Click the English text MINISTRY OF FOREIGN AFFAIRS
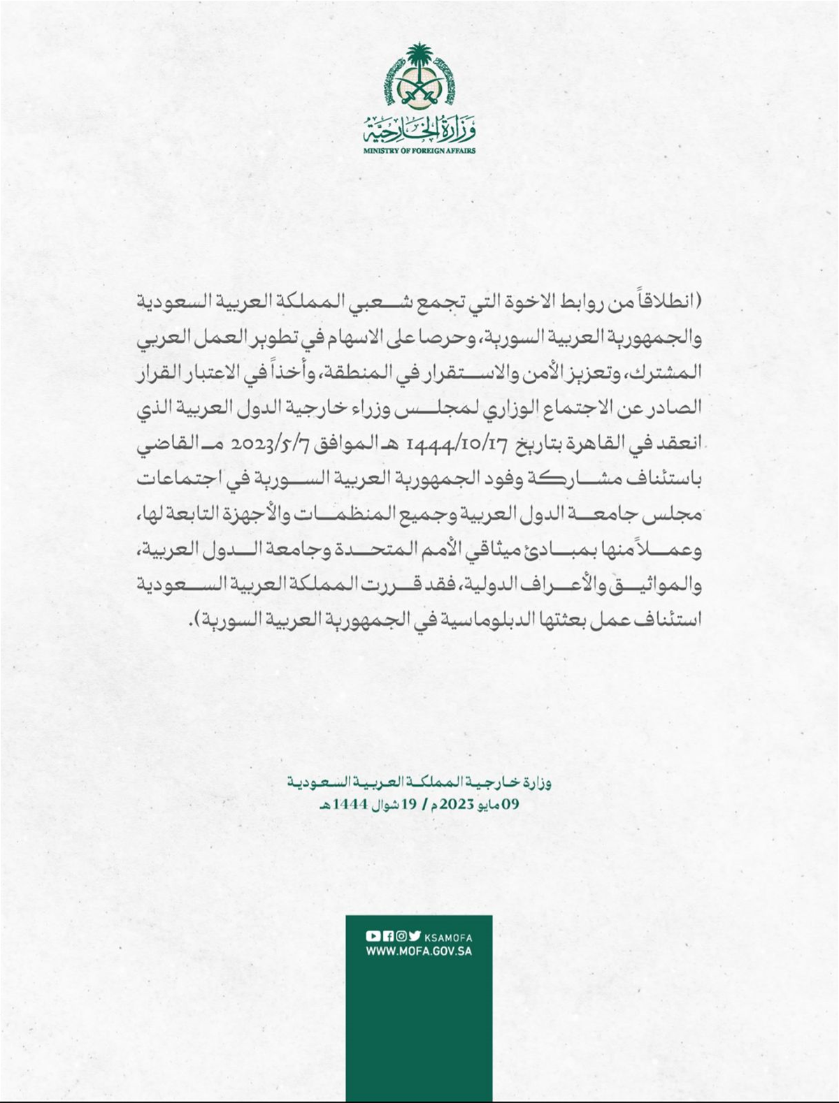[419, 151]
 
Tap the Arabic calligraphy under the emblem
[419, 130]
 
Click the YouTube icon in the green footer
[373, 937]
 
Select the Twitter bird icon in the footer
[415, 937]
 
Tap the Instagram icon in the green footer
[401, 937]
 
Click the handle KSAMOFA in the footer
[448, 937]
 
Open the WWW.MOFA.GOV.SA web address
[419, 951]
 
